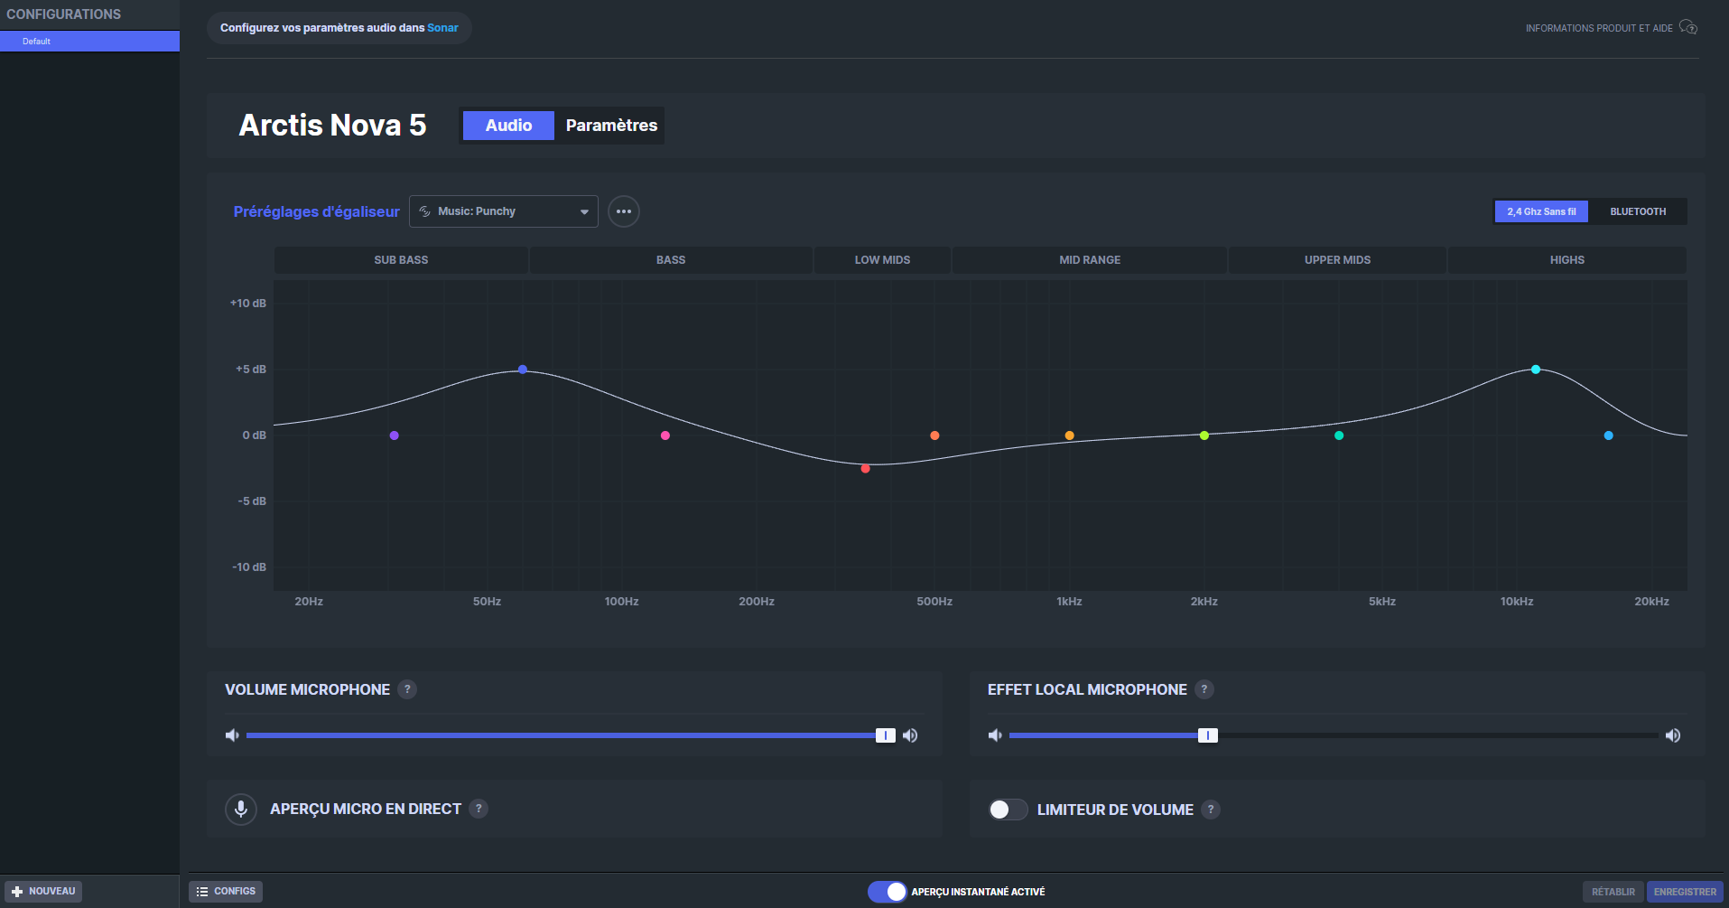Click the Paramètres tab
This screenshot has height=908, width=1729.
tap(611, 126)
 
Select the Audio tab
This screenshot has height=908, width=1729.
tap(508, 126)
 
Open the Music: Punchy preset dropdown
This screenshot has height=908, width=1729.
tap(504, 211)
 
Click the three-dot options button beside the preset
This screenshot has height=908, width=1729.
tap(624, 211)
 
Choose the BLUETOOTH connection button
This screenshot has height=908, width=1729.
tap(1638, 211)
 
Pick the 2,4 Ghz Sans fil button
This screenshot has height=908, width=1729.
tap(1541, 211)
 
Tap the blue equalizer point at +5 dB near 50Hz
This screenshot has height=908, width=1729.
tap(523, 370)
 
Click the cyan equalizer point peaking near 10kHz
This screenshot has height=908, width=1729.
tap(1536, 370)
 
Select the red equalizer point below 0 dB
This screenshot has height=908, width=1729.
tap(865, 468)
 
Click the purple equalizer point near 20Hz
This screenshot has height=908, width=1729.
tap(394, 435)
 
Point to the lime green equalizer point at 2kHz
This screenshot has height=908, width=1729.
tap(1204, 435)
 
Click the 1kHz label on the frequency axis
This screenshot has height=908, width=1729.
tap(1069, 602)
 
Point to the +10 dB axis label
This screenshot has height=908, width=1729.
tap(248, 304)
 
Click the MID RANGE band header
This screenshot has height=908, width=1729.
tap(1090, 260)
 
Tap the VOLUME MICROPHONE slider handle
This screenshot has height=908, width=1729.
tap(886, 735)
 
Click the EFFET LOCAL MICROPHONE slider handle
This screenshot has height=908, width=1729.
tap(1208, 735)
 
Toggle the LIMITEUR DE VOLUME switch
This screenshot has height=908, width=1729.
tap(1008, 810)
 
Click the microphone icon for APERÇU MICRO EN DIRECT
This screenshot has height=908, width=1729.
tap(241, 809)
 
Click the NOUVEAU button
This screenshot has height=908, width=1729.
tap(43, 892)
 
